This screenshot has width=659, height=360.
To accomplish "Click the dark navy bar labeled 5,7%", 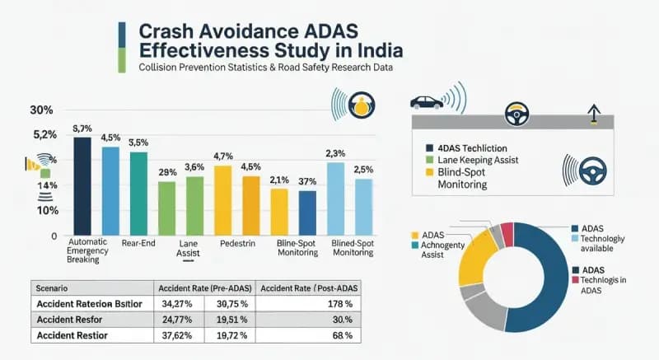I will tap(82, 185).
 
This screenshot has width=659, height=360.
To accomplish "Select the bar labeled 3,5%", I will tap(138, 193).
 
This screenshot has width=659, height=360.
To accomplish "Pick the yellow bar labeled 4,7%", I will tap(222, 199).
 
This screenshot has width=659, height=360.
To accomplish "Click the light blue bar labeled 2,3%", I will tap(335, 198).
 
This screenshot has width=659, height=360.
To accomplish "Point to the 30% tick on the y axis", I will tap(41, 110).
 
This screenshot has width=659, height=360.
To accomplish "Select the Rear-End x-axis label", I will tap(139, 244).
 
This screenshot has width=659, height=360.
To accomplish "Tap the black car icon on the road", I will tap(426, 102).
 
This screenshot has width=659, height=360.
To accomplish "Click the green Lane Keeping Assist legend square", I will tap(419, 160).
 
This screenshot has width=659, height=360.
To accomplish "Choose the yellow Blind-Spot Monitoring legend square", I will tap(419, 173).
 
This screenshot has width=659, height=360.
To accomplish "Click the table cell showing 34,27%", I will tap(180, 304).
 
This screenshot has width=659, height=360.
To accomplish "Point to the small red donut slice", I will tap(507, 234).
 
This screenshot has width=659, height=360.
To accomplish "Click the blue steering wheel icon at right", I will tap(590, 171).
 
